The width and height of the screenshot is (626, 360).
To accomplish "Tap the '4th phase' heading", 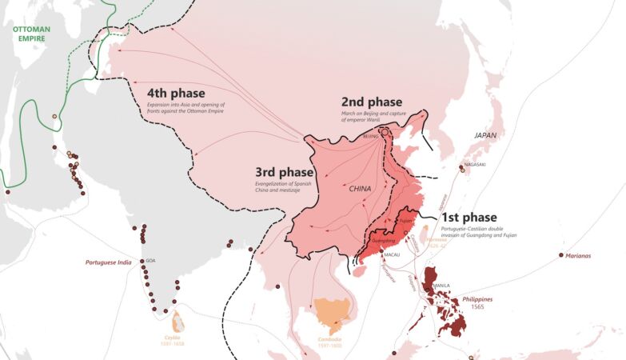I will (x=176, y=93).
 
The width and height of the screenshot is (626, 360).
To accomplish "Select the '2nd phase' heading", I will (x=370, y=102).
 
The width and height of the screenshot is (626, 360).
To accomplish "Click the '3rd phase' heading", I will (x=284, y=173).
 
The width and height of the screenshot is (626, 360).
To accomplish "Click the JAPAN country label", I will (x=485, y=135).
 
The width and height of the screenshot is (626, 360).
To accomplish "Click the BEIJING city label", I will (x=370, y=137).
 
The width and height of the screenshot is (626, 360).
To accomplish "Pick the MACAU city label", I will (x=391, y=254).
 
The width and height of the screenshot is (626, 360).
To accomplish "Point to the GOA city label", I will (x=150, y=260).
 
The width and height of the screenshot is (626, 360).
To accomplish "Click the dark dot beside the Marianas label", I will (x=560, y=255).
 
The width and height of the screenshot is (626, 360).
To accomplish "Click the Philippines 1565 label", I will (x=477, y=302).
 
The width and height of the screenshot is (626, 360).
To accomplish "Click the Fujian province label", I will (x=406, y=220).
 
